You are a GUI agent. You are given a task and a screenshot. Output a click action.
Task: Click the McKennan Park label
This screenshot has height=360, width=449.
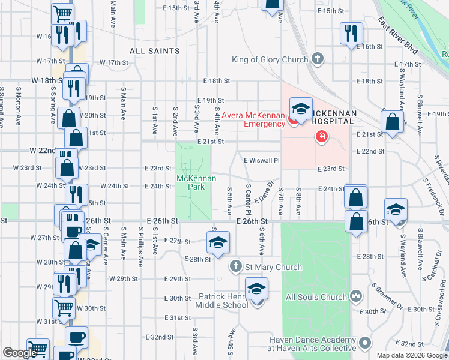coord(191,182)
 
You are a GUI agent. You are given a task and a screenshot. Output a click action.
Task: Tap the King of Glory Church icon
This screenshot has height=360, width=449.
coord(318,59)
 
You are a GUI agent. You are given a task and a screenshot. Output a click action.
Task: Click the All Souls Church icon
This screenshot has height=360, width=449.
coord(355,296)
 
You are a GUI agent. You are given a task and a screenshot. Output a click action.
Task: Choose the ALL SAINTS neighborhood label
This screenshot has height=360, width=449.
coord(155,51)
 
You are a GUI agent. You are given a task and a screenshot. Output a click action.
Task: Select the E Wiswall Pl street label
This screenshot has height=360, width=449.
coord(262,160)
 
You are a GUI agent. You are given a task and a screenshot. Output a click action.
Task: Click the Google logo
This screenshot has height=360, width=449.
coord(20,353)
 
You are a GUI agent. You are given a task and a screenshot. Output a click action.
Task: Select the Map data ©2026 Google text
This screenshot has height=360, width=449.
coord(412,355)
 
